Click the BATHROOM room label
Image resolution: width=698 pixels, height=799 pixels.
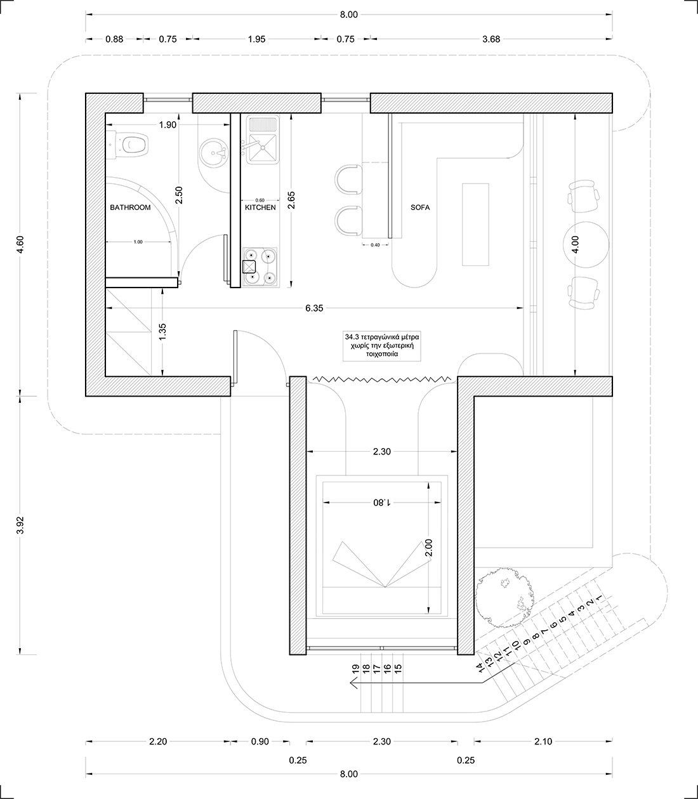[130, 208]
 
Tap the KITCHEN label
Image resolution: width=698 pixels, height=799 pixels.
[260, 208]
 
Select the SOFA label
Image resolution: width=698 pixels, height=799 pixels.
[420, 208]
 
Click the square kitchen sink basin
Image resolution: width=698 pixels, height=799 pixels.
[263, 148]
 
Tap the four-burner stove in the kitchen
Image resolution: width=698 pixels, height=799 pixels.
[260, 267]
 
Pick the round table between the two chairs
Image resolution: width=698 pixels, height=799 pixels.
[586, 245]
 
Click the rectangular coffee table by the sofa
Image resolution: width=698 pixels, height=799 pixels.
[475, 224]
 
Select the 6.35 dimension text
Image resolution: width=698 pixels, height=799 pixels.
[314, 308]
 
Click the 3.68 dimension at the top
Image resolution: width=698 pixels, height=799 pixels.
[491, 39]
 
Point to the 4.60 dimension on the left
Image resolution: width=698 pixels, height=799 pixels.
[21, 244]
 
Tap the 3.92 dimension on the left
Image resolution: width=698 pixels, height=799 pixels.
[21, 525]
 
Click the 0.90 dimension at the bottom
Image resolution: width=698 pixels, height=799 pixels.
[260, 741]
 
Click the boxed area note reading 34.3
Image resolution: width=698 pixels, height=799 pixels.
[382, 345]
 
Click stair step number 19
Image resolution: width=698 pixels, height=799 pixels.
[355, 668]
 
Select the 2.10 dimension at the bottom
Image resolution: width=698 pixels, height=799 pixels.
[543, 741]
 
